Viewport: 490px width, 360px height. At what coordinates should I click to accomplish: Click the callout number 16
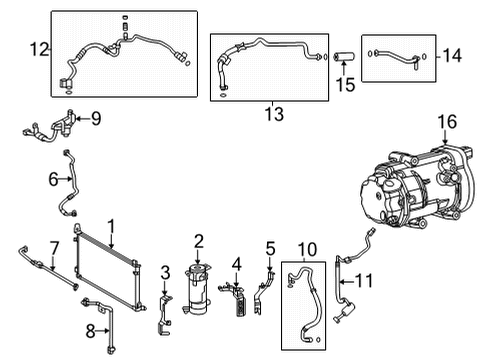tap(447, 122)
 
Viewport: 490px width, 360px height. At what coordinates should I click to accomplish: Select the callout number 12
tap(39, 49)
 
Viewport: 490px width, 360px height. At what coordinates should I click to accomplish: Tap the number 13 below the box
tap(274, 114)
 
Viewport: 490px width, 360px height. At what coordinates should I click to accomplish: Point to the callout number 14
tap(452, 55)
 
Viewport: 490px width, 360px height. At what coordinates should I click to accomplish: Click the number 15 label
tap(345, 85)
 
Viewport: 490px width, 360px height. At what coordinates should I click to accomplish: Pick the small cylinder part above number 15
tap(344, 57)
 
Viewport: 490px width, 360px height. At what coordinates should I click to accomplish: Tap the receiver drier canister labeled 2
tap(197, 288)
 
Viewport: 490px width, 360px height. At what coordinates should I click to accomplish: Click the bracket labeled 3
tap(163, 312)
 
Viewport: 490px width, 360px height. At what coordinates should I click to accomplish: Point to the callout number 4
tap(236, 265)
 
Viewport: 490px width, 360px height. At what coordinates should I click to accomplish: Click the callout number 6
tap(53, 179)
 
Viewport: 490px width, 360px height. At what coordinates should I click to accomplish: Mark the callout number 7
tap(54, 248)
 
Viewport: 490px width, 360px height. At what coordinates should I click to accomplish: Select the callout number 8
tap(90, 331)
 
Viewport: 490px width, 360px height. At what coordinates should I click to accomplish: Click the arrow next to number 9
tap(83, 118)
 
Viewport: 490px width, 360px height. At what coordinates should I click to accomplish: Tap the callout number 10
tap(307, 249)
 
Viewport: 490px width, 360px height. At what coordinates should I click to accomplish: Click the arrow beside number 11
tap(347, 282)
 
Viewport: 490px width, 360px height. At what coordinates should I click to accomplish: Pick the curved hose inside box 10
tap(313, 293)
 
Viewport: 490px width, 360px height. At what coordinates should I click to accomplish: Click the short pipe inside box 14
tap(397, 56)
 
